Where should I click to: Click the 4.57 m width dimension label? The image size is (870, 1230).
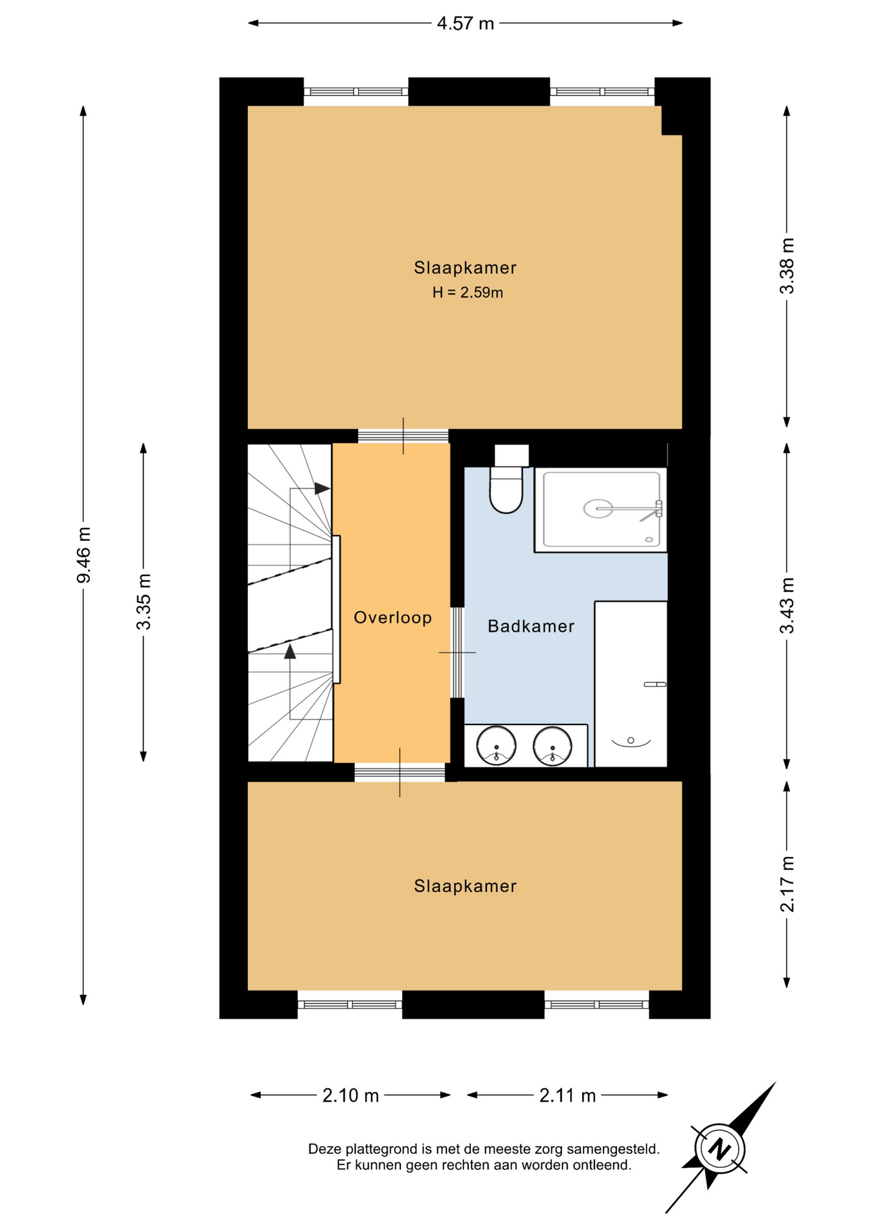[x=465, y=24]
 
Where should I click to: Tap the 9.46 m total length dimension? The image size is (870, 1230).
[x=84, y=555]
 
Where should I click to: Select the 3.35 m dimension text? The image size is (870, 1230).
[x=144, y=602]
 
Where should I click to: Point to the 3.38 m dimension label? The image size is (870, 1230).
[x=787, y=266]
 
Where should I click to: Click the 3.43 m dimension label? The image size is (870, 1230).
[x=787, y=605]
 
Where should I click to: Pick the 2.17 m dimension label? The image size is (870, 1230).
[x=787, y=884]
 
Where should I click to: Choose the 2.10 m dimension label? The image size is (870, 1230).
[x=350, y=1095]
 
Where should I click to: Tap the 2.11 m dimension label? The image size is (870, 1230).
[x=568, y=1095]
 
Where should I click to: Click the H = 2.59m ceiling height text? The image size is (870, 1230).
[x=468, y=293]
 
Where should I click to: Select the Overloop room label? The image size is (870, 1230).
[x=393, y=618]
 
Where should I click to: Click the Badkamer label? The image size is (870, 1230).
[x=531, y=626]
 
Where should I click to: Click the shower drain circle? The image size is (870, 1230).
[x=598, y=509]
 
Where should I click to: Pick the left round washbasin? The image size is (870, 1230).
[x=496, y=746]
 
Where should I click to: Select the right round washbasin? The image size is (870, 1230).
[x=552, y=746]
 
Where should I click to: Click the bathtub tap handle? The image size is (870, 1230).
[x=655, y=685]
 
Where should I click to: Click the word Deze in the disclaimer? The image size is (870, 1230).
[x=325, y=1149]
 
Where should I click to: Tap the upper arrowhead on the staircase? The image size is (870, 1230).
[x=322, y=488]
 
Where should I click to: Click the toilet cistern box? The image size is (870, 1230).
[x=511, y=455]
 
